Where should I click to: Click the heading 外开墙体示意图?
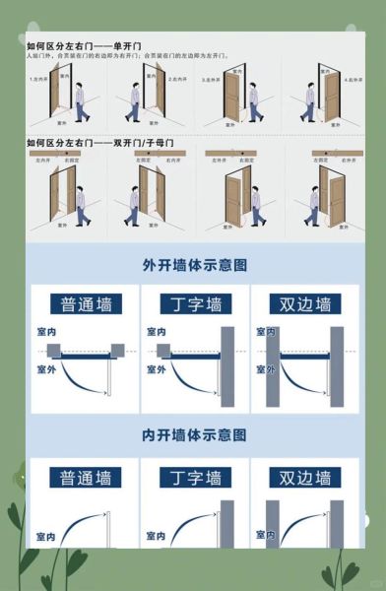click(194, 265)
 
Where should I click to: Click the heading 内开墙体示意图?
click(194, 434)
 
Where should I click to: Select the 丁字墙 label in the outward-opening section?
click(194, 302)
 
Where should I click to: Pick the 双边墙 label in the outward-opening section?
click(304, 302)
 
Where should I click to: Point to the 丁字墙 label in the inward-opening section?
click(194, 479)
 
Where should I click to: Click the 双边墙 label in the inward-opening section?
click(304, 479)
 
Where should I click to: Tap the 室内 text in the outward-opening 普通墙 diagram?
click(45, 333)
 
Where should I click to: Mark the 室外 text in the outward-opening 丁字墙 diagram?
click(156, 370)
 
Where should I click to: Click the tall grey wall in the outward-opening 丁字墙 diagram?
click(227, 366)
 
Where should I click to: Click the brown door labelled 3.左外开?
click(232, 97)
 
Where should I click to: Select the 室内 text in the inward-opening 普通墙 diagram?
click(45, 538)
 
